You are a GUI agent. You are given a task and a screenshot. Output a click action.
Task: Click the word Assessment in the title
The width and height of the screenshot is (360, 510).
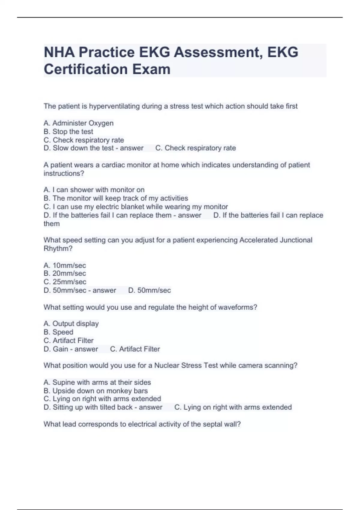click(x=217, y=52)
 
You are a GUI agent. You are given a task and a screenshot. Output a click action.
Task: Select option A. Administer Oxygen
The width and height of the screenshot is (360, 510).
click(x=79, y=123)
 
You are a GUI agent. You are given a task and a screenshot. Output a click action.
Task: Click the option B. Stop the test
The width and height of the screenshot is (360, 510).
click(x=68, y=131)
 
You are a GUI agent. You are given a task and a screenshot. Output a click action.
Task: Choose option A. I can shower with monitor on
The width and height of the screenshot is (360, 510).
click(x=94, y=190)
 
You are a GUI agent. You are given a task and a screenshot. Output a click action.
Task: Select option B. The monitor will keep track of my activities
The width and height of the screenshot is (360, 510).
click(x=116, y=198)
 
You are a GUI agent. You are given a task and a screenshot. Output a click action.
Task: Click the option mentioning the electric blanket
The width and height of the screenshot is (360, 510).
click(x=136, y=207)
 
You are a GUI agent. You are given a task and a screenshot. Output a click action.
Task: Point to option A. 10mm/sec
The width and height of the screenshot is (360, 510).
click(x=65, y=265)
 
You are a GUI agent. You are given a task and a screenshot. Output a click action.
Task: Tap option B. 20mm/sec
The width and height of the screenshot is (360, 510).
click(x=65, y=273)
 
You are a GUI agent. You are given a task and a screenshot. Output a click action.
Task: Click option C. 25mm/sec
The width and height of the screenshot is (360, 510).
click(x=65, y=282)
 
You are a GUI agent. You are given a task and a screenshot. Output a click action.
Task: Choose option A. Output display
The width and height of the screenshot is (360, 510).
click(x=71, y=323)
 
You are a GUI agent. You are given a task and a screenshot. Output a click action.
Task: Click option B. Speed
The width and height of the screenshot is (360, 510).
click(x=58, y=332)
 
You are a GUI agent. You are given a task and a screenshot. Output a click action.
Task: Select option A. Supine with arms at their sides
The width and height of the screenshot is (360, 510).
click(x=97, y=382)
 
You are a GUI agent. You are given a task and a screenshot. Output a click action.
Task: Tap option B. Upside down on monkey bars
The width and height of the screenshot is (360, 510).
click(x=96, y=391)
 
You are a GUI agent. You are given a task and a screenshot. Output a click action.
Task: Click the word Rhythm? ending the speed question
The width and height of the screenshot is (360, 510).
click(x=58, y=248)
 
